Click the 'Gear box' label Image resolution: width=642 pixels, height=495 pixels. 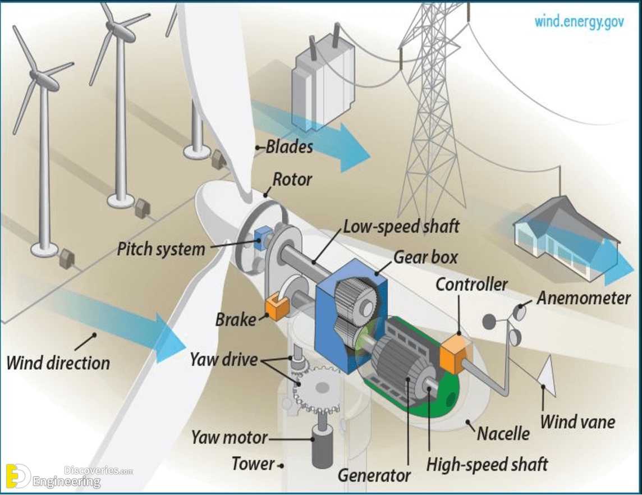click(x=425, y=257)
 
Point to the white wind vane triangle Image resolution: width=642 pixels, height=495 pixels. click(x=547, y=375)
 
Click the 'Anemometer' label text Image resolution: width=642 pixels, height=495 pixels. click(x=584, y=297)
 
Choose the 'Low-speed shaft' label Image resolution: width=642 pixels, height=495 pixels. click(x=401, y=226)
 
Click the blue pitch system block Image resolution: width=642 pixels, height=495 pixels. click(x=263, y=238)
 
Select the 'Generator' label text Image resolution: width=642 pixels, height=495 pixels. click(x=374, y=475)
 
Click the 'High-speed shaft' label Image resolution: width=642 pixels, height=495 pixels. click(x=487, y=464)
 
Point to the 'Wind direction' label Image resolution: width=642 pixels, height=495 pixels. click(x=58, y=363)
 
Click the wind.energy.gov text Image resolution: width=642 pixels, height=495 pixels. click(x=579, y=21)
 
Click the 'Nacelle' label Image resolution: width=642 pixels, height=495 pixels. click(x=503, y=433)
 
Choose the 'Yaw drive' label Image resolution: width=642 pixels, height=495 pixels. click(x=224, y=360)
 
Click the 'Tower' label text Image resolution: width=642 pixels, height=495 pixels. click(x=253, y=464)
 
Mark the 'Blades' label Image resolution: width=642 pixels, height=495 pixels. click(x=290, y=146)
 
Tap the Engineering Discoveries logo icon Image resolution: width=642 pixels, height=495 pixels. click(x=18, y=476)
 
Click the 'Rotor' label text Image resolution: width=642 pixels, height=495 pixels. click(x=292, y=180)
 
